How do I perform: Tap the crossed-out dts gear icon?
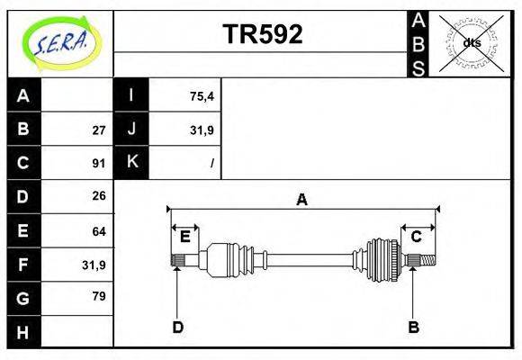pyautogui.click(x=471, y=42)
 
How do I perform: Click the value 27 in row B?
pyautogui.click(x=99, y=130)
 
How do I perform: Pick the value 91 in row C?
pyautogui.click(x=99, y=164)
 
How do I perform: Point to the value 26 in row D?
pyautogui.click(x=99, y=196)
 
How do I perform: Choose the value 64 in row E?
pyautogui.click(x=99, y=231)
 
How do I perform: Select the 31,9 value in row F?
pyautogui.click(x=94, y=265)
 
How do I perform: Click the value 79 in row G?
pyautogui.click(x=99, y=296)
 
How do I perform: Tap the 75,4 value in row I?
pyautogui.click(x=202, y=96)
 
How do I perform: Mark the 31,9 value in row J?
pyautogui.click(x=202, y=130)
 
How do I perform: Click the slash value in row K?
pyautogui.click(x=211, y=164)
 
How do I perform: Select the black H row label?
pyautogui.click(x=23, y=332)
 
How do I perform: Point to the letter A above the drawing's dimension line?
pyautogui.click(x=301, y=200)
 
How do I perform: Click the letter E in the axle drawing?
pyautogui.click(x=184, y=238)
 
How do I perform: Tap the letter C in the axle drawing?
pyautogui.click(x=417, y=238)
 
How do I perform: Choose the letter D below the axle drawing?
pyautogui.click(x=178, y=327)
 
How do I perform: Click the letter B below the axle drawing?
pyautogui.click(x=413, y=327)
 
